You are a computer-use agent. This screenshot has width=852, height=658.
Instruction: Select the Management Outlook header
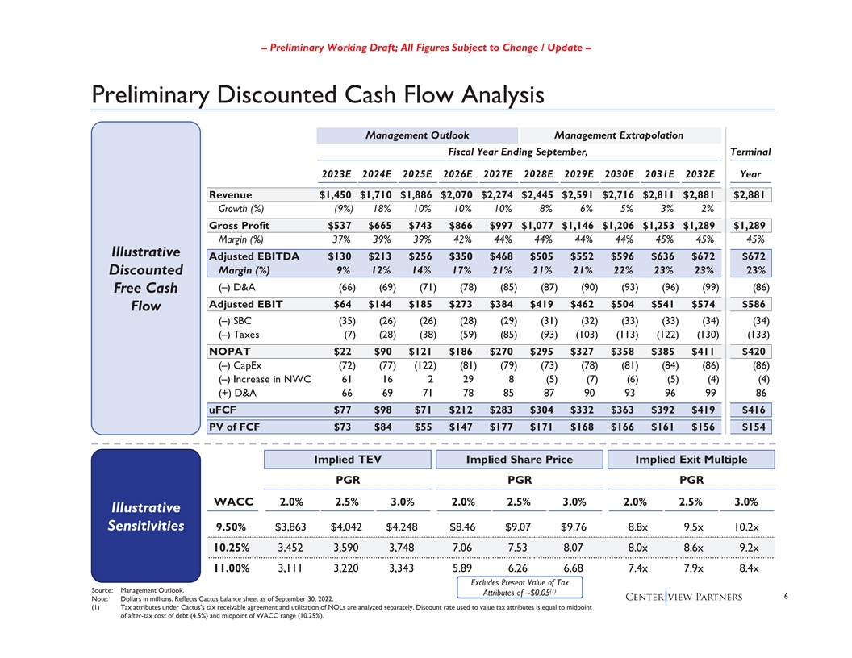(417, 135)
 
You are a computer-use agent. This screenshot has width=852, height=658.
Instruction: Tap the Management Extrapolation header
(619, 135)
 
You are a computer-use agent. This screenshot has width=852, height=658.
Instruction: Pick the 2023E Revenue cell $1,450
(336, 194)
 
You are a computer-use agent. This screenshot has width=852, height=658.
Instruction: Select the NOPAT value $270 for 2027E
(503, 351)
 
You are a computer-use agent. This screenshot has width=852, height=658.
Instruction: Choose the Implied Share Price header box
(519, 460)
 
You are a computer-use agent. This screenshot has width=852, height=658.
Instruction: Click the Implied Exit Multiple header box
(691, 460)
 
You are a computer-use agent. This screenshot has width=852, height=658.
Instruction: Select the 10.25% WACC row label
(226, 549)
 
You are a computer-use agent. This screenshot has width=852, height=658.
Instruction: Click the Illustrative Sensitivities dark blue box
(145, 517)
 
